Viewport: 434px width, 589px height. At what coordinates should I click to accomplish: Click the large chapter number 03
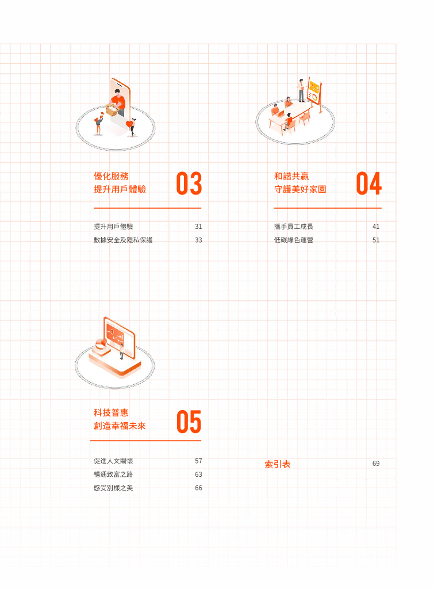click(x=189, y=183)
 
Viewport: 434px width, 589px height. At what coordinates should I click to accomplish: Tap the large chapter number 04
click(x=368, y=183)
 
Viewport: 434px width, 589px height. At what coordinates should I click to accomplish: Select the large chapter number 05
click(x=189, y=422)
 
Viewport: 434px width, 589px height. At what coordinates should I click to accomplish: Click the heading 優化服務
click(x=111, y=176)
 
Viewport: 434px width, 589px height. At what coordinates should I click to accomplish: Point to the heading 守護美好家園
click(x=300, y=189)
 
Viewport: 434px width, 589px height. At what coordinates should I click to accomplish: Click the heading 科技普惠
click(x=111, y=413)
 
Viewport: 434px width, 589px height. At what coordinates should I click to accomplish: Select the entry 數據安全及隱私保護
click(x=123, y=240)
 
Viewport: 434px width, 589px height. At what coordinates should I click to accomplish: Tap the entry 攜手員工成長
click(x=294, y=227)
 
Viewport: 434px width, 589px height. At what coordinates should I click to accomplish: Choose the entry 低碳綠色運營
click(x=294, y=240)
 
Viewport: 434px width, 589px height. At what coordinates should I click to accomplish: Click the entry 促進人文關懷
click(x=113, y=461)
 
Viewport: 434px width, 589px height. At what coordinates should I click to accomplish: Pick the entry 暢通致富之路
click(x=113, y=475)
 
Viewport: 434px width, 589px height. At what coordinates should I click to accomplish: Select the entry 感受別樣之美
click(x=113, y=488)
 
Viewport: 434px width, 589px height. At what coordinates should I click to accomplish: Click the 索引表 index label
click(x=278, y=464)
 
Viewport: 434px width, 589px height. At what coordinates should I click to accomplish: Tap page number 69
click(x=376, y=464)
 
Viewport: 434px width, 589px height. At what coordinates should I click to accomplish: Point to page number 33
click(x=198, y=240)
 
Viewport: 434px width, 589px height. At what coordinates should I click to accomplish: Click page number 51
click(x=376, y=240)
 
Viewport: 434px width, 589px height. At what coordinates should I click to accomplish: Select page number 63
click(x=198, y=475)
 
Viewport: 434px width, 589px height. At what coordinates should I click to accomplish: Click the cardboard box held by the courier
click(x=112, y=110)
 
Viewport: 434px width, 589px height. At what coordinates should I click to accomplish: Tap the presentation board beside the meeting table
click(x=314, y=91)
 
